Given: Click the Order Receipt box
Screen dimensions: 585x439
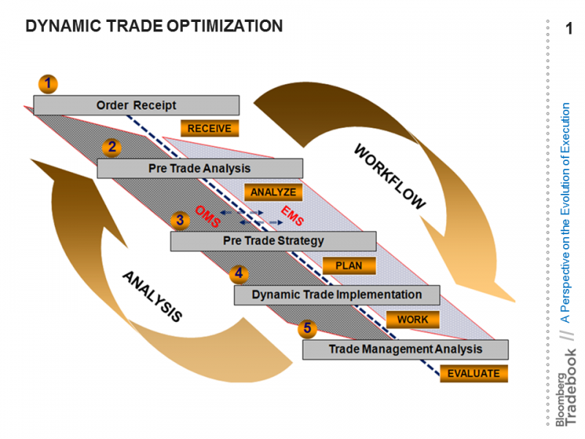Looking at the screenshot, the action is pos(137,105).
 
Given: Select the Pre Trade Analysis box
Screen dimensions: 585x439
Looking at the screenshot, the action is pos(200,168).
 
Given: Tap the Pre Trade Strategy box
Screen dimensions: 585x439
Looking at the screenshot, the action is pos(273,241).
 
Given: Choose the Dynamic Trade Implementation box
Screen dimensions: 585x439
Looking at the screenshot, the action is pos(337,295).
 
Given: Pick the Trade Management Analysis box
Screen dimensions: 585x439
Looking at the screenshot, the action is pos(406,350).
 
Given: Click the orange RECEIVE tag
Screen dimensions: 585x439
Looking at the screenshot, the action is pos(210,129).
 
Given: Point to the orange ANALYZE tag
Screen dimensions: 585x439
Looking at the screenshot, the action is pos(273,192).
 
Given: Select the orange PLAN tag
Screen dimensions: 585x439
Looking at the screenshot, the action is pos(349,266).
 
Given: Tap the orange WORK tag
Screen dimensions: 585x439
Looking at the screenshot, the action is pos(412,320).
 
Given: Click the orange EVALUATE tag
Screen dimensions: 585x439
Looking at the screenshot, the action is pos(474,374).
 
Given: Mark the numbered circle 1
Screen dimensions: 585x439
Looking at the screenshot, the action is pos(48,83).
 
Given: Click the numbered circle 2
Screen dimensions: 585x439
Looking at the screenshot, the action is pos(112,147).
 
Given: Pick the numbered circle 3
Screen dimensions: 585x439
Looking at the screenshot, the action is pos(180,220).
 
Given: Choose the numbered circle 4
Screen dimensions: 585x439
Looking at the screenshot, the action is pos(239,274).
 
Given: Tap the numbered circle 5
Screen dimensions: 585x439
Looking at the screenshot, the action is pos(307,329).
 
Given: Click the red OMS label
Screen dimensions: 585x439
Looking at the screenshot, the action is pos(208,216).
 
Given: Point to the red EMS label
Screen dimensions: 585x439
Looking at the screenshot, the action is pos(292,215).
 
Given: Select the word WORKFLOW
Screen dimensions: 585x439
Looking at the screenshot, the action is pos(390,176).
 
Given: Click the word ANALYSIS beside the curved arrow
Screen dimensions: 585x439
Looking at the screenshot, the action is pos(153,296).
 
